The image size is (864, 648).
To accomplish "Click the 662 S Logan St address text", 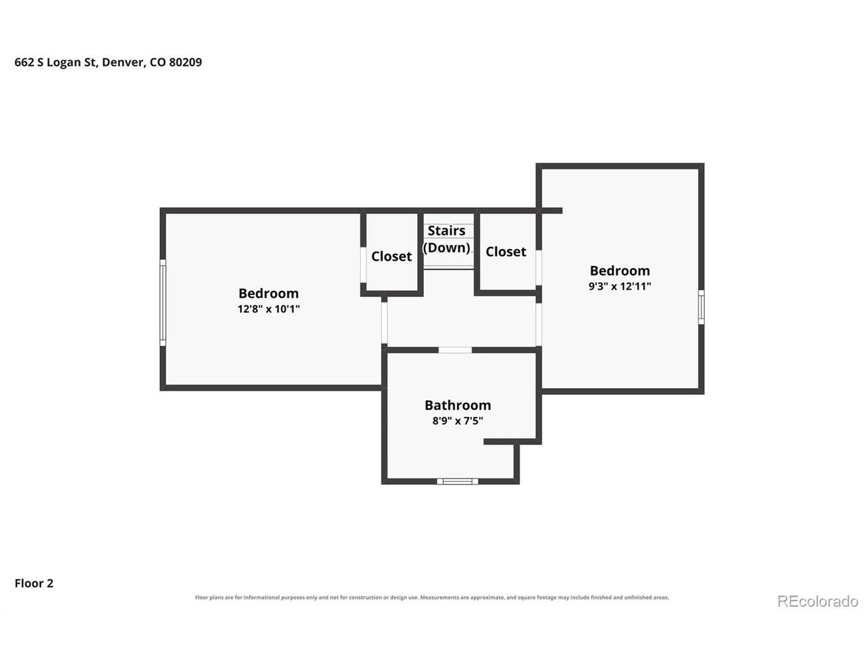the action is pyautogui.click(x=108, y=63).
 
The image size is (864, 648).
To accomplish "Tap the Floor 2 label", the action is pyautogui.click(x=34, y=583).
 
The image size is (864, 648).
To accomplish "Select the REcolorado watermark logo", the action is pyautogui.click(x=817, y=601).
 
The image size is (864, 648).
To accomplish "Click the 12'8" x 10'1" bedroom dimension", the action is pyautogui.click(x=269, y=309).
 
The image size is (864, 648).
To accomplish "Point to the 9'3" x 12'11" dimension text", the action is pyautogui.click(x=620, y=286).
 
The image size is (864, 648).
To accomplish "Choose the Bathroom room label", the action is pyautogui.click(x=458, y=405).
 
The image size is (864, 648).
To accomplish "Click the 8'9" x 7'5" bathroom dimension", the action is pyautogui.click(x=458, y=421).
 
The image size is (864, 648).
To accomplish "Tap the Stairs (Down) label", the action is pyautogui.click(x=446, y=239).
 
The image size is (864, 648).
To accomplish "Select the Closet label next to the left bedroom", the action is pyautogui.click(x=391, y=256).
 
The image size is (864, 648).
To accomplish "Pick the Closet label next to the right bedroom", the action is pyautogui.click(x=506, y=251).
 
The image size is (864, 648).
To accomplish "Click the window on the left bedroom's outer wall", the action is pyautogui.click(x=163, y=302).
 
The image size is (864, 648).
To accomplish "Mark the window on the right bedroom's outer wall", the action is pyautogui.click(x=701, y=307).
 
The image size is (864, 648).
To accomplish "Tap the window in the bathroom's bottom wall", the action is pyautogui.click(x=458, y=481).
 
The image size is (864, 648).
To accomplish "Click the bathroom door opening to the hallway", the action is pyautogui.click(x=455, y=350).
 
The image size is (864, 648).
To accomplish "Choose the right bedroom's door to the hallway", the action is pyautogui.click(x=539, y=325).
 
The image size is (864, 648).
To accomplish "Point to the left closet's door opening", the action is pyautogui.click(x=363, y=265).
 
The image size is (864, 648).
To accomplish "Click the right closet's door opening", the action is pyautogui.click(x=539, y=267).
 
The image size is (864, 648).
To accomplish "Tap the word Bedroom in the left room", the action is pyautogui.click(x=269, y=293).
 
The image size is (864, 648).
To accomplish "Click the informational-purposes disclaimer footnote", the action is pyautogui.click(x=432, y=597).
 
